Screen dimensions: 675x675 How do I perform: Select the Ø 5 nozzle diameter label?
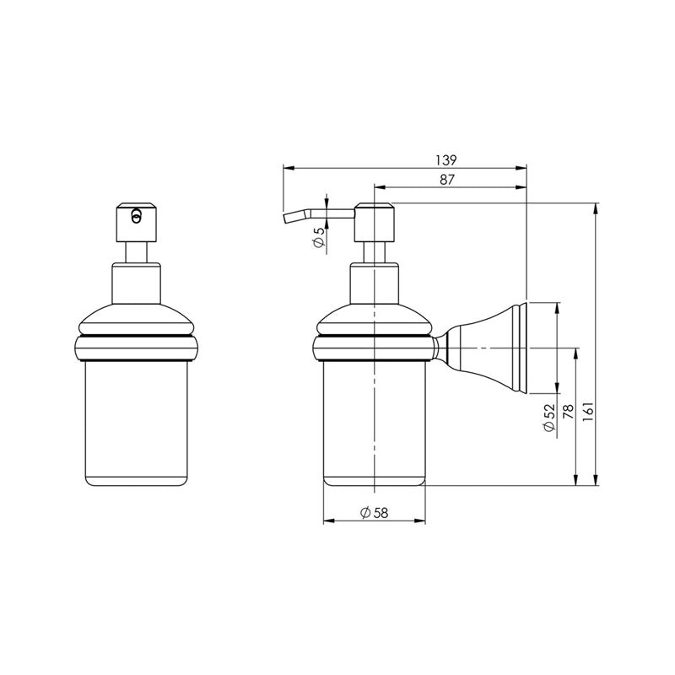pyautogui.click(x=318, y=237)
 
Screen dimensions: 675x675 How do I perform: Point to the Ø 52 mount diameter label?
pyautogui.click(x=549, y=418)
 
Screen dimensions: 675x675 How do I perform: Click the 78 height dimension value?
pyautogui.click(x=568, y=413)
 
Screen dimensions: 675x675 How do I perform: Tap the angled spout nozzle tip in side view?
pyautogui.click(x=289, y=219)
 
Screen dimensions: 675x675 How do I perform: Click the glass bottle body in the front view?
pyautogui.click(x=135, y=422)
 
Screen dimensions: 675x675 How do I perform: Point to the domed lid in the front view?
pyautogui.click(x=135, y=316)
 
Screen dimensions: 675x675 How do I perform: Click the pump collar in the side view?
pyautogui.click(x=373, y=283)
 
